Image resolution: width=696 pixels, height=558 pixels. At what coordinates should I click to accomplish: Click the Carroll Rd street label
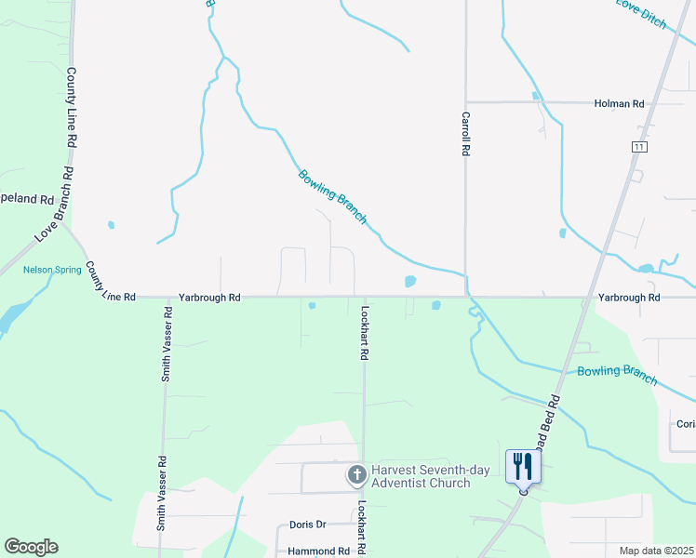point(465,134)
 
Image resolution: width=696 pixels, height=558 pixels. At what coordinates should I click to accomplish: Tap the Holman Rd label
point(619,104)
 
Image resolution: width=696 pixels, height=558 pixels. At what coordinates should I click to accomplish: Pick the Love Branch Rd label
point(53,206)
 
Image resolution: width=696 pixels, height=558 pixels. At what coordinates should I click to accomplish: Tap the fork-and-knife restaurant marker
point(522,465)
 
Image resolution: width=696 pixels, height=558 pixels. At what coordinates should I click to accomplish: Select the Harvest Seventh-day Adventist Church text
point(430,476)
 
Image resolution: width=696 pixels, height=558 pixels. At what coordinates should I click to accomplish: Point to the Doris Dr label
point(307,525)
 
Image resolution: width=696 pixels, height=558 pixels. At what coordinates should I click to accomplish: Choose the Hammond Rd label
point(318,551)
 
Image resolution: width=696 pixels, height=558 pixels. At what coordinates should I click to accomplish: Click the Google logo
point(31,547)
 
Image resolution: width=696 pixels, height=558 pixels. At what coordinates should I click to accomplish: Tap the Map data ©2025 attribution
point(655,551)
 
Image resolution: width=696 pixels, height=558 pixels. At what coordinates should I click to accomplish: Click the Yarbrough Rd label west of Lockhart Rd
point(210,298)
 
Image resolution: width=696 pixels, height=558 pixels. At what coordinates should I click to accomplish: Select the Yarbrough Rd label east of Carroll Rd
point(629,298)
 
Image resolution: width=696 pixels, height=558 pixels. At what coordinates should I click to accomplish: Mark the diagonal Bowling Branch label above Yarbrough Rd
point(332,196)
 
